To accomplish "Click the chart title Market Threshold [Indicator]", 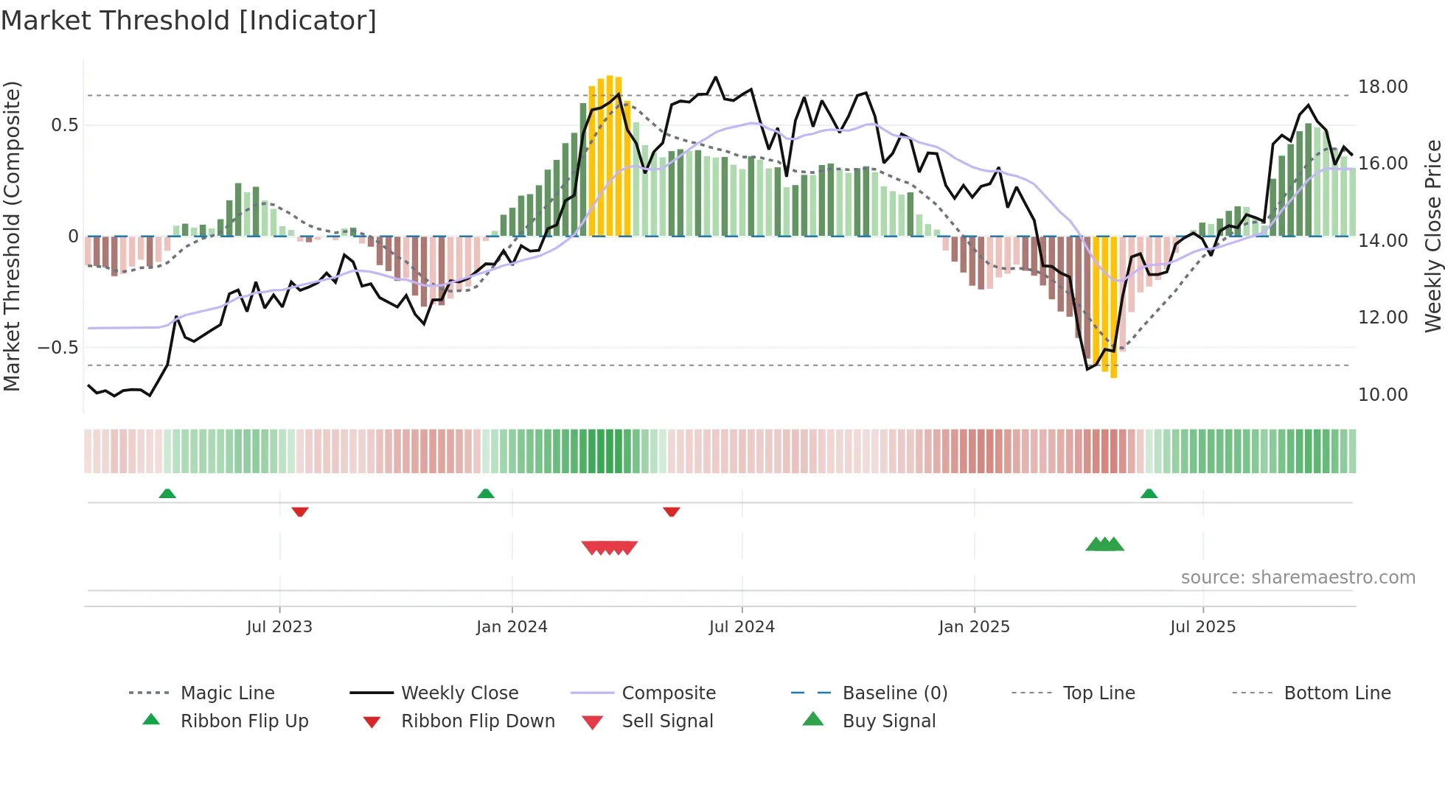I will click(x=189, y=21).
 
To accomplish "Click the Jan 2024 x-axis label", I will click(x=512, y=627).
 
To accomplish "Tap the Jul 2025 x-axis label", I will click(x=1202, y=627).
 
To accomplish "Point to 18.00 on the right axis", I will click(x=1382, y=87).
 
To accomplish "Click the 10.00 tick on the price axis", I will click(x=1382, y=395).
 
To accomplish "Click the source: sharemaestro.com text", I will click(x=1298, y=578).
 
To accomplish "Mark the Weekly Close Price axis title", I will click(x=1432, y=236).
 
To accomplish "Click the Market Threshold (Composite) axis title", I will click(x=12, y=236).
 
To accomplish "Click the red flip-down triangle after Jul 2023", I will click(x=299, y=511).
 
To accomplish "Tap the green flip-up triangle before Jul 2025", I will click(x=1149, y=494).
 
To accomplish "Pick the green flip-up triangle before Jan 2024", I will click(x=485, y=494).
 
